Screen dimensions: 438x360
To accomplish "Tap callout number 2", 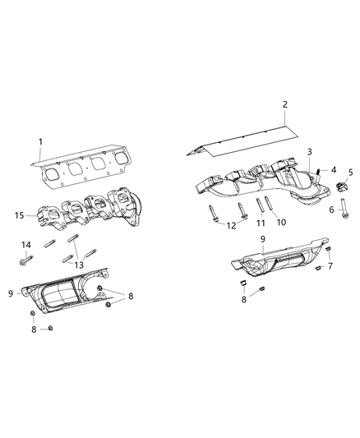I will point(284,104).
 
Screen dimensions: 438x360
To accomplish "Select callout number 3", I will point(309,152).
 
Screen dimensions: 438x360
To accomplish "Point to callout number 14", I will point(26,245).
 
